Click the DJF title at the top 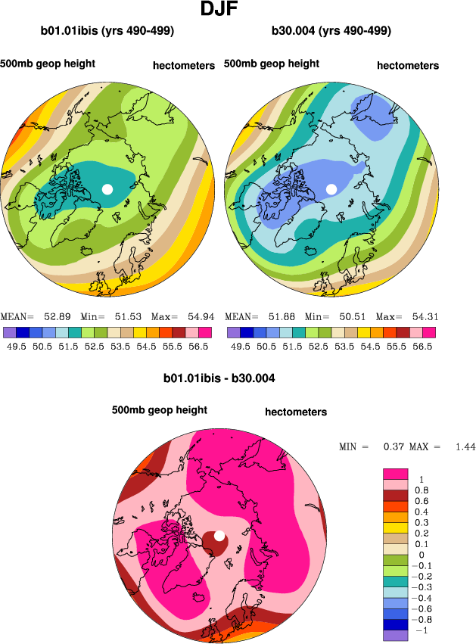222,10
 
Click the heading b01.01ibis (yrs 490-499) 107,31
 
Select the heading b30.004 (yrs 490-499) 331,31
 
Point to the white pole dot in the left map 107,188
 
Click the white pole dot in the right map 331,188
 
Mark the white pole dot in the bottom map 219,536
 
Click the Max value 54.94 196,316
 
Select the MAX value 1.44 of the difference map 465,447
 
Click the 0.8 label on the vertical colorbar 422,490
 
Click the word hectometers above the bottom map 296,412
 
